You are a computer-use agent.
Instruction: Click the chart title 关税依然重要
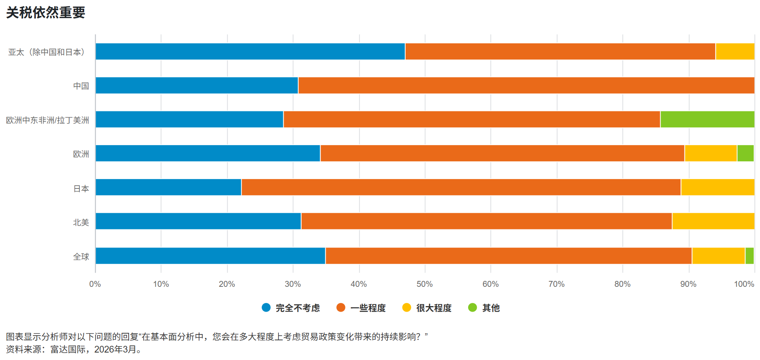pyautogui.click(x=46, y=13)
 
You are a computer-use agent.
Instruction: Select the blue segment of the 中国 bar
pyautogui.click(x=197, y=85)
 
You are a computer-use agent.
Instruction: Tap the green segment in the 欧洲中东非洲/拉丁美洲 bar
pyautogui.click(x=707, y=119)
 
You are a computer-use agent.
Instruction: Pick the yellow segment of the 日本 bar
pyautogui.click(x=718, y=187)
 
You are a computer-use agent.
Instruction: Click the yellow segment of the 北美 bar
pyautogui.click(x=713, y=221)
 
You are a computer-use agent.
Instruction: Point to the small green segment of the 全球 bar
pyautogui.click(x=749, y=256)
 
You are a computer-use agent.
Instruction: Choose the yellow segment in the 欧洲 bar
pyautogui.click(x=710, y=153)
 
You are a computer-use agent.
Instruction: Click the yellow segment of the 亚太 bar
pyautogui.click(x=735, y=52)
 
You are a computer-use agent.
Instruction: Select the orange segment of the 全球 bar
pyautogui.click(x=508, y=256)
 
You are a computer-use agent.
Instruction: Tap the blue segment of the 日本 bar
pyautogui.click(x=168, y=187)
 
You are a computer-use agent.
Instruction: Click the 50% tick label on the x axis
pyautogui.click(x=424, y=284)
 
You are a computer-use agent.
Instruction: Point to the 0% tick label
pyautogui.click(x=95, y=284)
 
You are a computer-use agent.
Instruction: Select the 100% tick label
pyautogui.click(x=744, y=284)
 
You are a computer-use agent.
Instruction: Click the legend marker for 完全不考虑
pyautogui.click(x=266, y=308)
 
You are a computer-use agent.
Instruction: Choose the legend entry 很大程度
pyautogui.click(x=433, y=308)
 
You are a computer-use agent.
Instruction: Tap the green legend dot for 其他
pyautogui.click(x=472, y=308)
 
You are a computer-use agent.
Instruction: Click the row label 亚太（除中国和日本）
pyautogui.click(x=47, y=52)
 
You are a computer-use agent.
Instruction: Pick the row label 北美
pyautogui.click(x=81, y=223)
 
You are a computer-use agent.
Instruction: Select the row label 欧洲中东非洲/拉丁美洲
pyautogui.click(x=48, y=120)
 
